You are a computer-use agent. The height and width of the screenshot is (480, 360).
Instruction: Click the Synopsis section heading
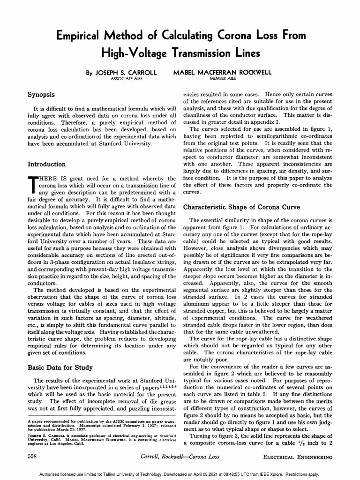coord(42,94)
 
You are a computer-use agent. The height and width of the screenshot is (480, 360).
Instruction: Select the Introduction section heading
coord(47,164)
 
